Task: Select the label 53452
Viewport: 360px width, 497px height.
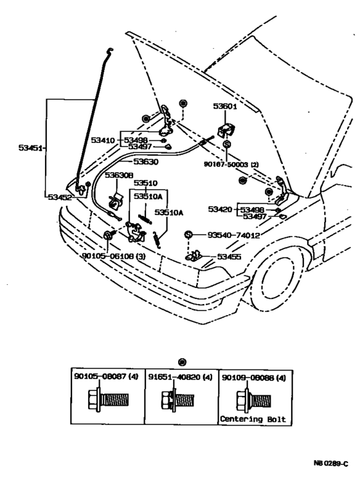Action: click(x=59, y=197)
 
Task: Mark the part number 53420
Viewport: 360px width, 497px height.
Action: click(x=221, y=210)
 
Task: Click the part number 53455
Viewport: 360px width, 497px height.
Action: click(x=230, y=257)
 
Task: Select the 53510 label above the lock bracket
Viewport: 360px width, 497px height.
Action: click(x=145, y=183)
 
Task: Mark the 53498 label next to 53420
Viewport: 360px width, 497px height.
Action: click(x=253, y=210)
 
